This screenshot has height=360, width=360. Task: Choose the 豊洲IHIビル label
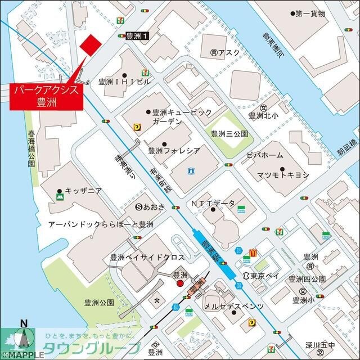(124, 82)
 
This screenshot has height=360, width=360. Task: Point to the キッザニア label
(83, 191)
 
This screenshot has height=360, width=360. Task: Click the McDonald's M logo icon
(254, 254)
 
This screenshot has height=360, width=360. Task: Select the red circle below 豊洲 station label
(180, 284)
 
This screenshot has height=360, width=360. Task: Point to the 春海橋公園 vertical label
(31, 150)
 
